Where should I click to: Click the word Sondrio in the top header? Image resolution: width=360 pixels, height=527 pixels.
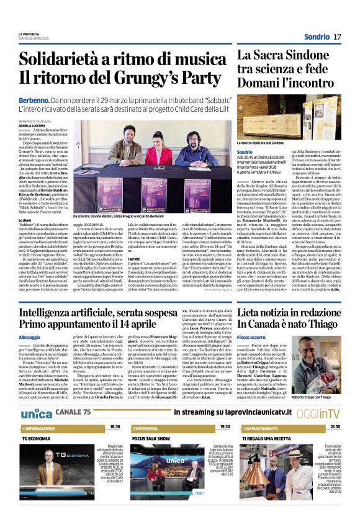coord(317,38)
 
